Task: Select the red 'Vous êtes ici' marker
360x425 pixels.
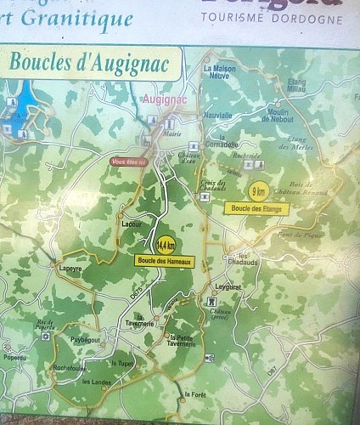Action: (130, 161)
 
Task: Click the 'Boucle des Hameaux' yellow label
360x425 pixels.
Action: (165, 260)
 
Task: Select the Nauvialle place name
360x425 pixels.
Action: (218, 115)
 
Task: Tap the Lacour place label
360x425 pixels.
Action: (132, 224)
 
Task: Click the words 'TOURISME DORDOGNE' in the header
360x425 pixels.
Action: (272, 19)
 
